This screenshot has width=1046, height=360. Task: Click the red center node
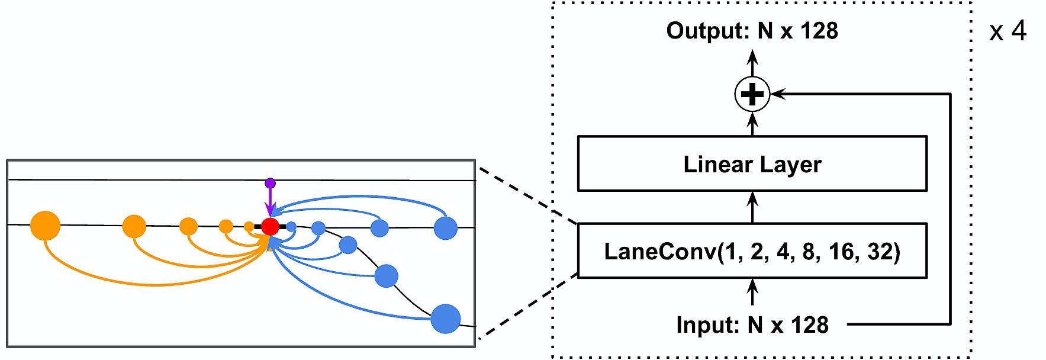point(270,226)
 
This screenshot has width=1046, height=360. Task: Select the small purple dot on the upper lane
point(270,183)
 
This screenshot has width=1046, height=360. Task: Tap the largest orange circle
point(45,226)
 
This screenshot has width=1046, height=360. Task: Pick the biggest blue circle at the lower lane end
point(445,319)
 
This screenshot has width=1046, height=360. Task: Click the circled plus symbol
point(752,94)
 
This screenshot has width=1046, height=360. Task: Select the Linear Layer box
point(752,164)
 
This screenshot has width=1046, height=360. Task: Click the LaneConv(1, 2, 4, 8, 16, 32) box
point(752,251)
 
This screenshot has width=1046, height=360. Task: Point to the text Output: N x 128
point(752,31)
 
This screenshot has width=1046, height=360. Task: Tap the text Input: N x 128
point(752,325)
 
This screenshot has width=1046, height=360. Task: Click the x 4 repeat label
point(1008,31)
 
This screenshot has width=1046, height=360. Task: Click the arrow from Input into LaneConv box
point(752,292)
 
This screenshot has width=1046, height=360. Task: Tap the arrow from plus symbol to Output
point(752,63)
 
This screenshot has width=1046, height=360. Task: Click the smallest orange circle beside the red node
point(249,226)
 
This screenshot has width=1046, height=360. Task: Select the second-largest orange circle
point(134,226)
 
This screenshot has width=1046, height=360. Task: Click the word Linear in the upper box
point(709,164)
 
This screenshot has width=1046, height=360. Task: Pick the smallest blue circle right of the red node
point(291,226)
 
